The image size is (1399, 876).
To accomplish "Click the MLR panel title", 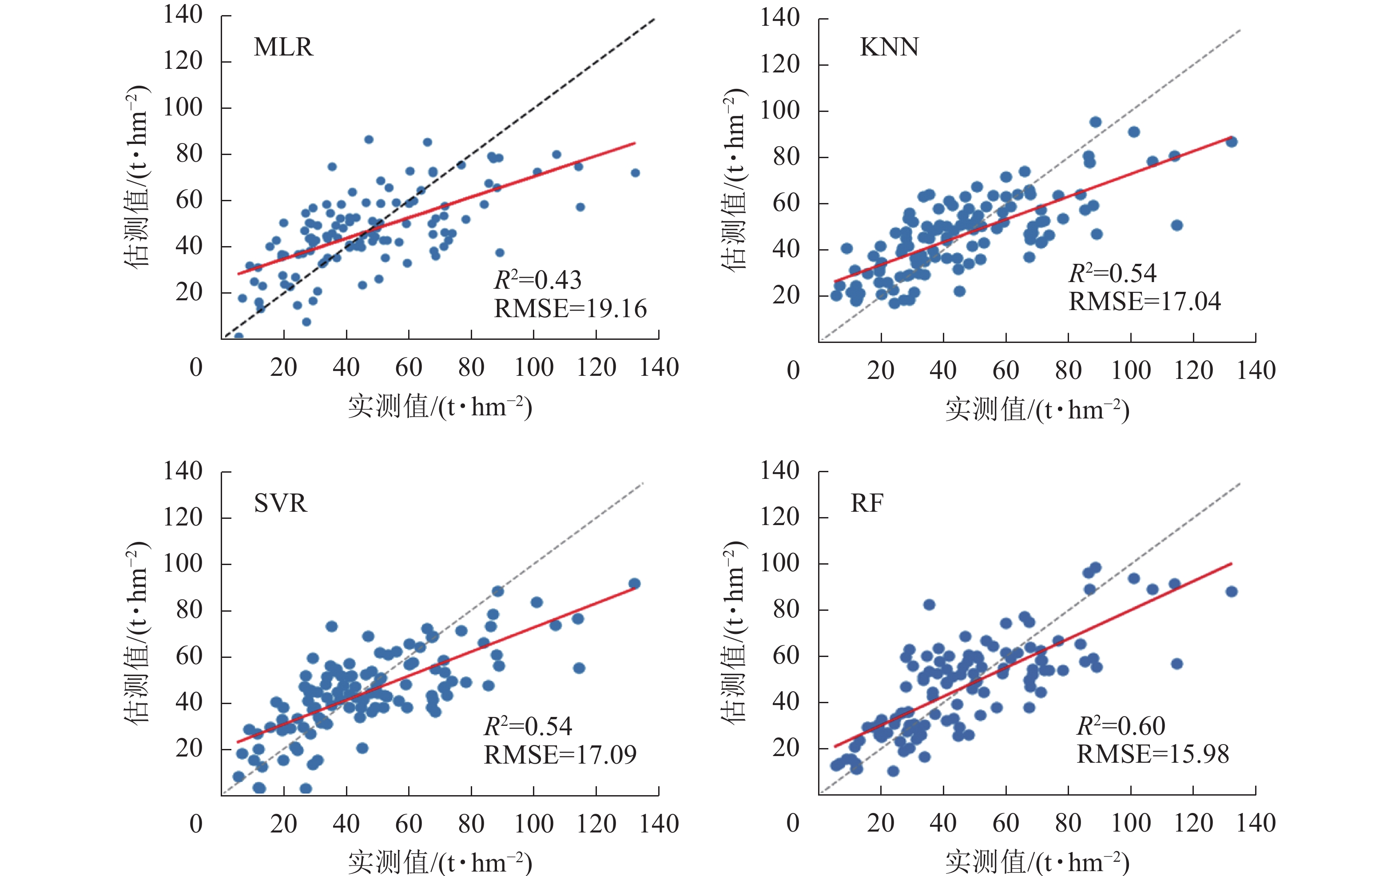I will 283,48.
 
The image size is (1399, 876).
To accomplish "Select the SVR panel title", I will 280,503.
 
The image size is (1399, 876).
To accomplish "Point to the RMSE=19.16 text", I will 570,309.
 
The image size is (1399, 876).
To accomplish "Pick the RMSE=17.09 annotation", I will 560,755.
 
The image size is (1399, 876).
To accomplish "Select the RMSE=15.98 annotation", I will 1153,754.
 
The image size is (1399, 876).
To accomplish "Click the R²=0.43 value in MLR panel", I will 537,280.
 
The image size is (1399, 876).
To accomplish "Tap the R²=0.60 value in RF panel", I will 1121,726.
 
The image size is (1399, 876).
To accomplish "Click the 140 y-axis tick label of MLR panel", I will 183,15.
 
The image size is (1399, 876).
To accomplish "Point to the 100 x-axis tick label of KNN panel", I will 1130,371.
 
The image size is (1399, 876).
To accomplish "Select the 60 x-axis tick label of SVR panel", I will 408,824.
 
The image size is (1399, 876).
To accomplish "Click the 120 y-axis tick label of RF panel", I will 779,517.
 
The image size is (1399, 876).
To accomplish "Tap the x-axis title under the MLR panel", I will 440,407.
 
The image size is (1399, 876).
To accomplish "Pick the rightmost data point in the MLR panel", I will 635,173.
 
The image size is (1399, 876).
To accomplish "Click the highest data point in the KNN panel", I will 1095,122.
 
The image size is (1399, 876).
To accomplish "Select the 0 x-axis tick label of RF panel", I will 793,823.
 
